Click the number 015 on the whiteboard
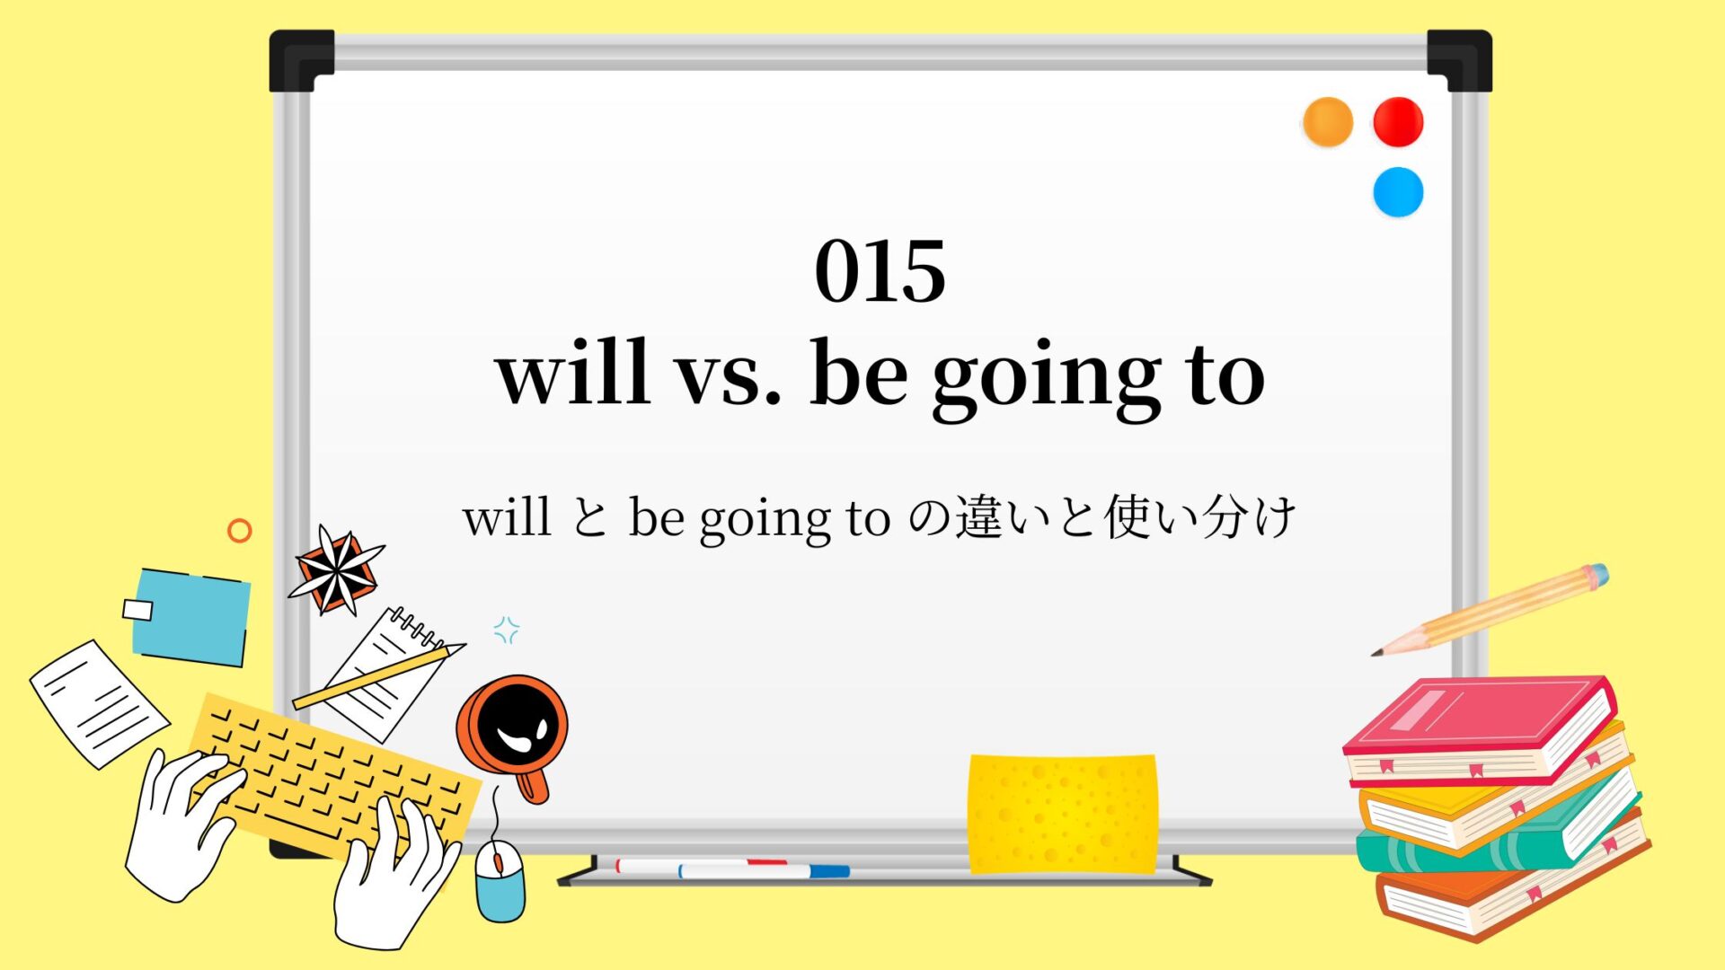(880, 271)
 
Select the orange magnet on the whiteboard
(1327, 122)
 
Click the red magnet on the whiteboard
(1398, 122)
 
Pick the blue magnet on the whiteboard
(1398, 192)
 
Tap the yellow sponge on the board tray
(1062, 814)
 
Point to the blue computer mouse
(500, 880)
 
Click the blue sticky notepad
(190, 617)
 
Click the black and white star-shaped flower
(336, 570)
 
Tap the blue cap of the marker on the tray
(829, 871)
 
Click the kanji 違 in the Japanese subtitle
(978, 517)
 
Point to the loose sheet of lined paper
(99, 703)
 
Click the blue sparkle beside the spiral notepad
(507, 630)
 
